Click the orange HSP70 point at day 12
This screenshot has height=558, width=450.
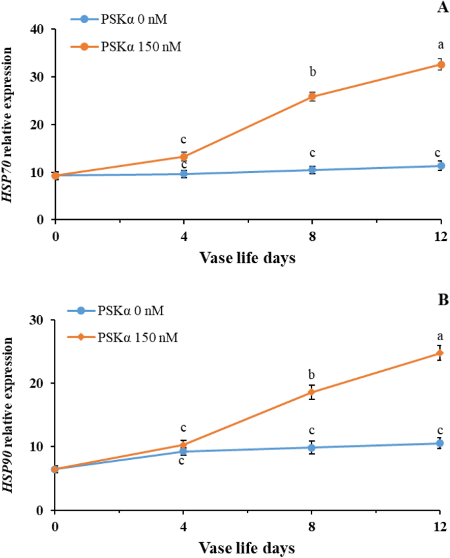[x=440, y=64]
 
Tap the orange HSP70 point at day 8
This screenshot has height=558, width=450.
[x=312, y=97]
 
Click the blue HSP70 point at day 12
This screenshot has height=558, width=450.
[x=440, y=166]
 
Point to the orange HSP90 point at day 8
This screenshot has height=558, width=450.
[x=312, y=393]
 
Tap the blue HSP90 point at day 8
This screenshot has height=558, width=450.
[x=312, y=447]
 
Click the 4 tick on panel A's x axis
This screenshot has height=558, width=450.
[x=183, y=236]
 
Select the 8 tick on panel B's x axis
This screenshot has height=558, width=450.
[x=312, y=526]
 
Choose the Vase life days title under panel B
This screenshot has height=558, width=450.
[x=248, y=547]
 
